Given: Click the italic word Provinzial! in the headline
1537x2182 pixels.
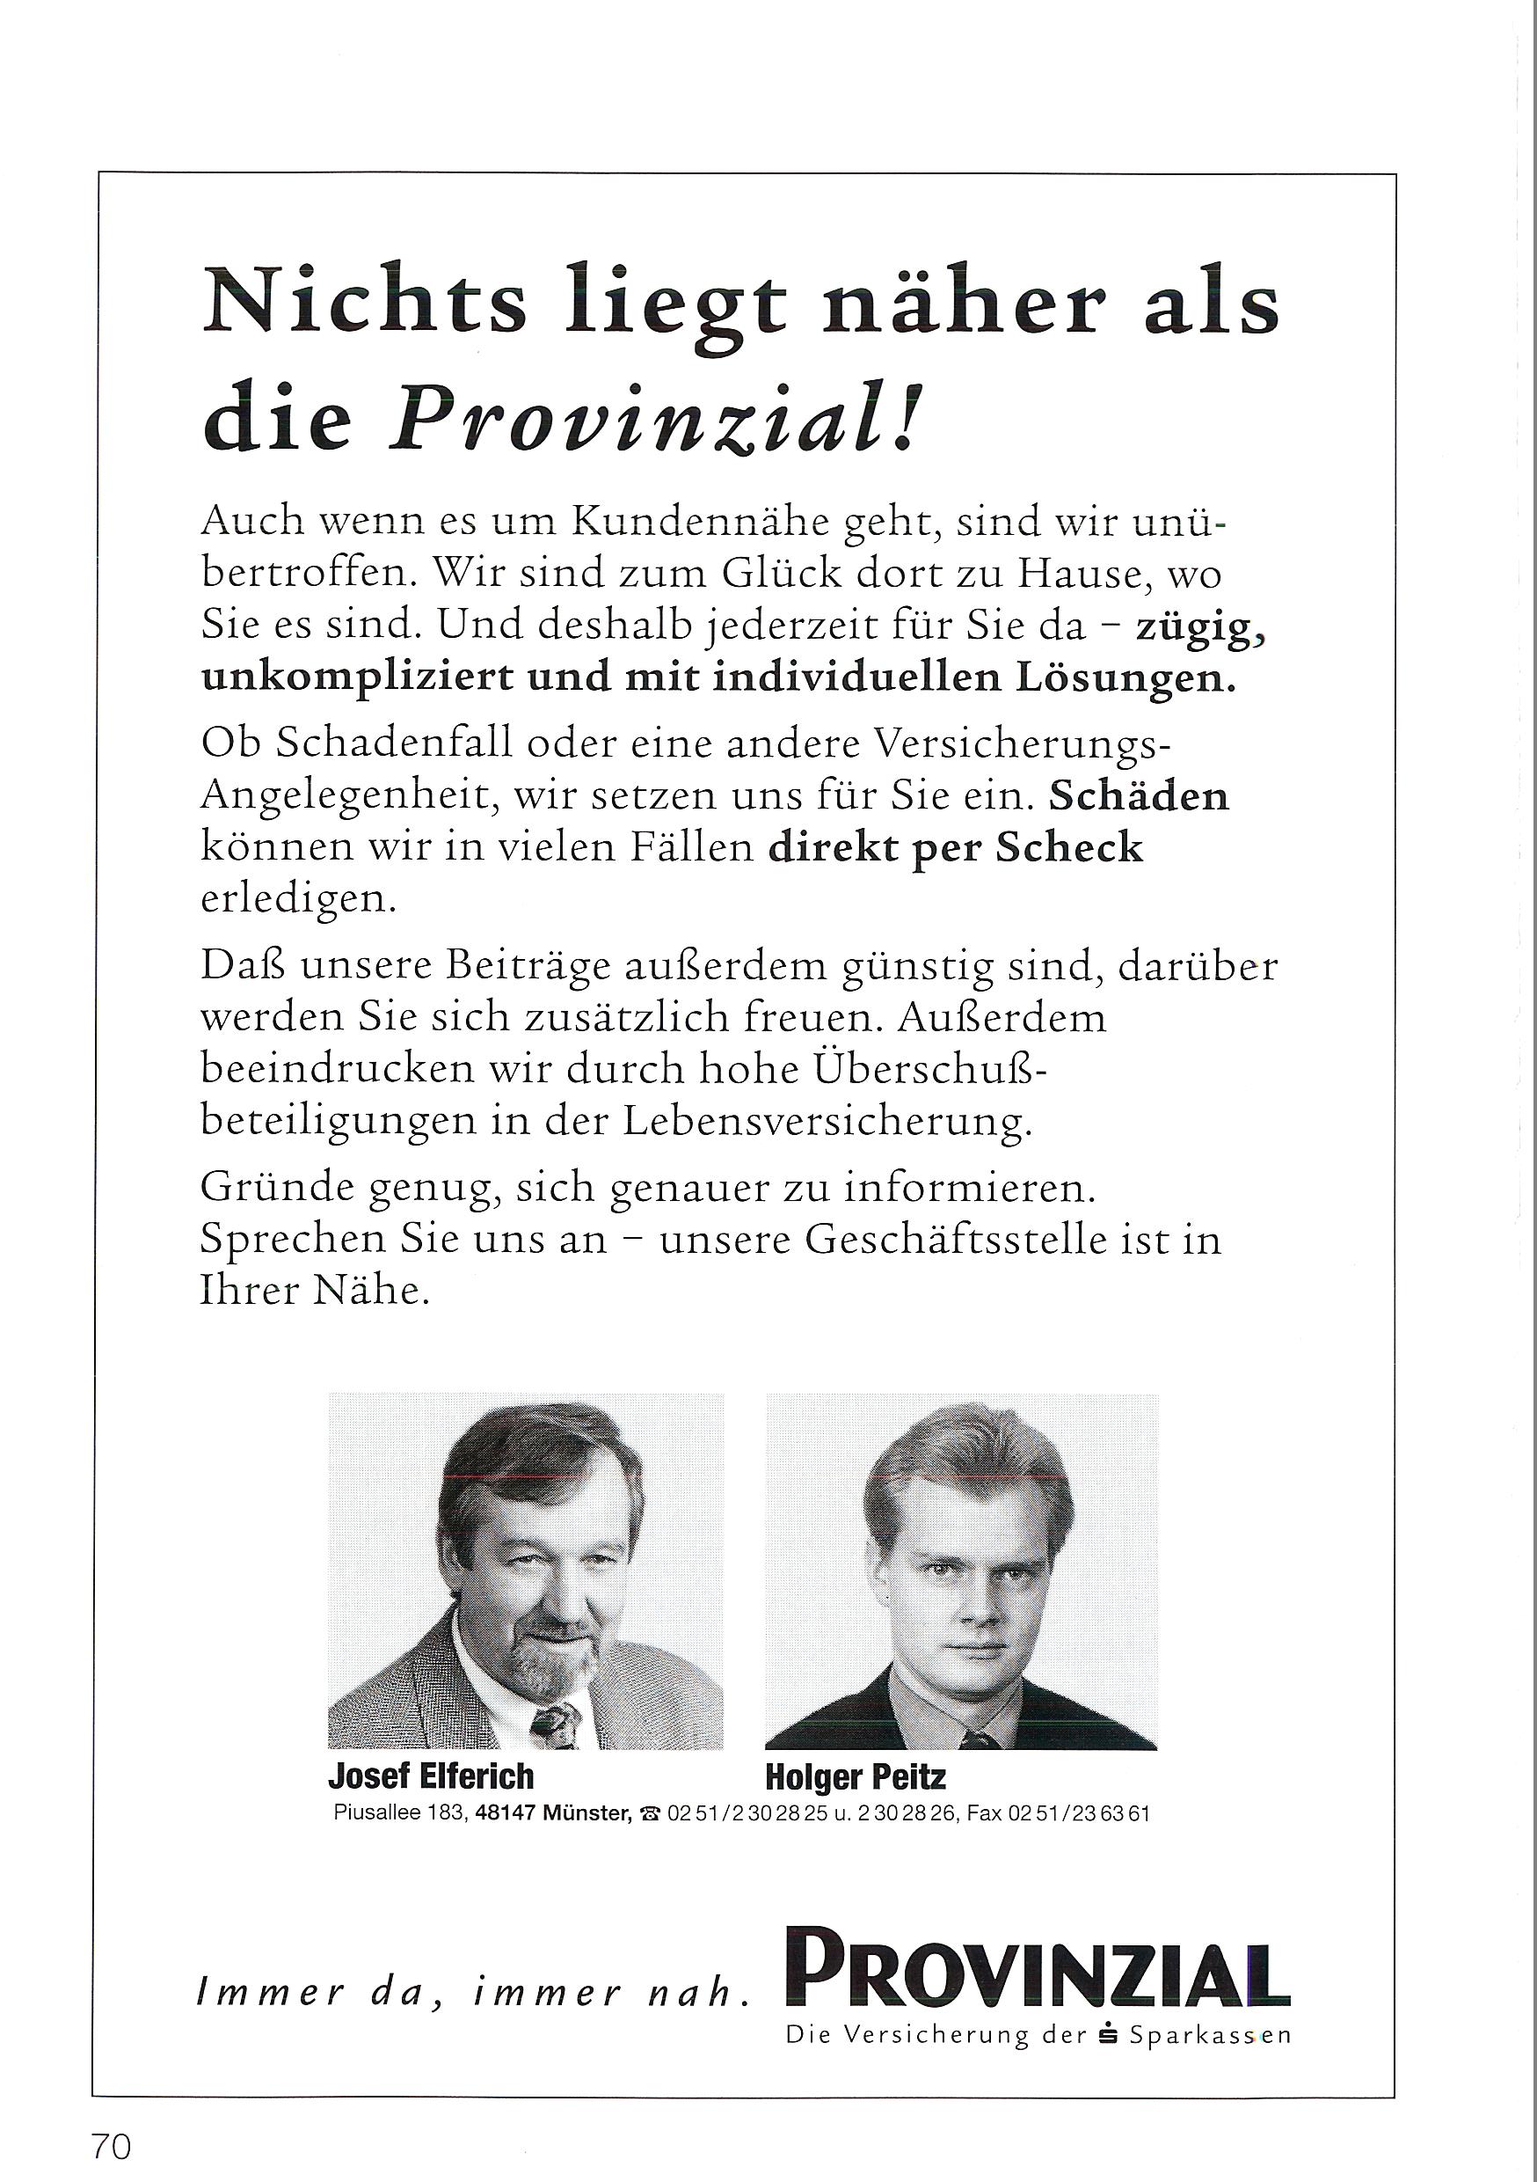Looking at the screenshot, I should (x=654, y=419).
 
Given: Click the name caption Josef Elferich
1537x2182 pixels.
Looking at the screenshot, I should (x=430, y=1776).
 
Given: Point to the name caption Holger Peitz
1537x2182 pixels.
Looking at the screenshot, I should (x=855, y=1777).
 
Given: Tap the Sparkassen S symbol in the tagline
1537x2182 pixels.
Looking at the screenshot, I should (x=1108, y=2035).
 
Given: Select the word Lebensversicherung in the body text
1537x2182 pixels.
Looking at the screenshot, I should (x=827, y=1122).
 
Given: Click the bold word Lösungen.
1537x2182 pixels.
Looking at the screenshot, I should (x=1126, y=678).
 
